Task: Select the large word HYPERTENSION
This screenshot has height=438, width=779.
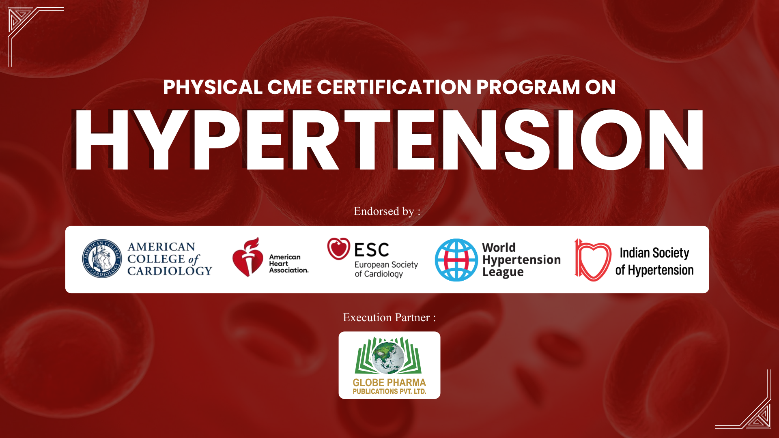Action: point(388,140)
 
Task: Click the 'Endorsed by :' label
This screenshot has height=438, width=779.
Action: point(387,211)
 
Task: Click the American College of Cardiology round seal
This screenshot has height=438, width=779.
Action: point(102,258)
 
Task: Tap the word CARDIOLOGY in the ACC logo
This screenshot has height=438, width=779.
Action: point(170,271)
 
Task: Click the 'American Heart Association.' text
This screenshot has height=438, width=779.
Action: point(289,264)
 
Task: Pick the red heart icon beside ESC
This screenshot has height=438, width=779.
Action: point(339,249)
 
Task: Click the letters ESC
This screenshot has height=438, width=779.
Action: point(372,250)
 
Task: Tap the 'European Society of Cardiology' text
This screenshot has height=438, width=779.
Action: point(386,269)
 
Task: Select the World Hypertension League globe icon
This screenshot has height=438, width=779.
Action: point(456,260)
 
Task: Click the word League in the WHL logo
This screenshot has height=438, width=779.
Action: point(503,272)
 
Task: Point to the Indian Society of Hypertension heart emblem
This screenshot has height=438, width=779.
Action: point(593,260)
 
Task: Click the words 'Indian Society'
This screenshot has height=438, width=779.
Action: point(654,253)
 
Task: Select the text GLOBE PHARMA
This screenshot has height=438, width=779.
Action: point(389,382)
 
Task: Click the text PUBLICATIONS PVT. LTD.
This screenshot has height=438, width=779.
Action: point(389,392)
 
